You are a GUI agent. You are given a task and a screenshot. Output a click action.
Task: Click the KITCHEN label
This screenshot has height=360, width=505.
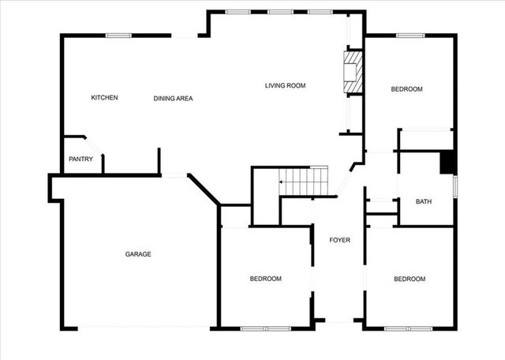click(104, 98)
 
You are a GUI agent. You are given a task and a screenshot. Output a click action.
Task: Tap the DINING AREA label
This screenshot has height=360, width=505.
click(173, 99)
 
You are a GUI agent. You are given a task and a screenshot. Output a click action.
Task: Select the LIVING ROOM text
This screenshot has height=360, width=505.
click(285, 85)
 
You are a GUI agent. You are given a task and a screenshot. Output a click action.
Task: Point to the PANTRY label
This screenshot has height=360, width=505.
click(80, 159)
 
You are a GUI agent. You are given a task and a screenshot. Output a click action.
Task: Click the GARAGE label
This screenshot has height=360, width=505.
click(138, 254)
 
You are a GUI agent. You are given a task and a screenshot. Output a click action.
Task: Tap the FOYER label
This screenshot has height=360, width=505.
click(340, 240)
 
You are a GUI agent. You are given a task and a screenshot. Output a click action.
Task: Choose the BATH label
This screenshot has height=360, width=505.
click(424, 202)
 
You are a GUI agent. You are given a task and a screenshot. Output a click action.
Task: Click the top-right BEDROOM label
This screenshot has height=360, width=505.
click(407, 89)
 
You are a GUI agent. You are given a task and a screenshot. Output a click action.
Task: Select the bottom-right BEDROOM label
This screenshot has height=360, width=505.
click(410, 279)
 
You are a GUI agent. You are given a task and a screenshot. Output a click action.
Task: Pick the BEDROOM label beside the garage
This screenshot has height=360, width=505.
click(266, 279)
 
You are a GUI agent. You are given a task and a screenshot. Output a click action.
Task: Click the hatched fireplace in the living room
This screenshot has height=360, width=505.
click(353, 73)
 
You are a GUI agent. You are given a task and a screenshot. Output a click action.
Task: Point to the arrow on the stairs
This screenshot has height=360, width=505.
click(282, 182)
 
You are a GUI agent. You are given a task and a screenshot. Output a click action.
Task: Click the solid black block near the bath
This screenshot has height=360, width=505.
click(447, 162)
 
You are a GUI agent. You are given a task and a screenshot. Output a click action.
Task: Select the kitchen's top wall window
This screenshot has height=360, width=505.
click(118, 35)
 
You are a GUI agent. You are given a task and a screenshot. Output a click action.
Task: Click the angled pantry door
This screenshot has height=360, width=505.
click(94, 147)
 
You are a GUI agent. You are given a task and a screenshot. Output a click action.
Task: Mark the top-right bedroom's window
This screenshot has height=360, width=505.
click(410, 35)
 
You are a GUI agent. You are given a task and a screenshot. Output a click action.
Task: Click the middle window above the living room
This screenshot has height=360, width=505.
click(279, 11)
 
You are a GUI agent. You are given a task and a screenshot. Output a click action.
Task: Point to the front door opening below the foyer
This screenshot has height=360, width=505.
click(339, 321)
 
